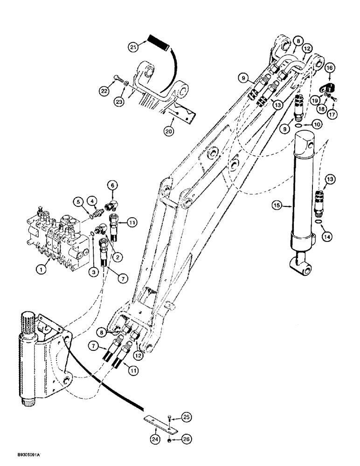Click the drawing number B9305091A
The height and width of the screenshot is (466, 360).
point(23,453)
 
